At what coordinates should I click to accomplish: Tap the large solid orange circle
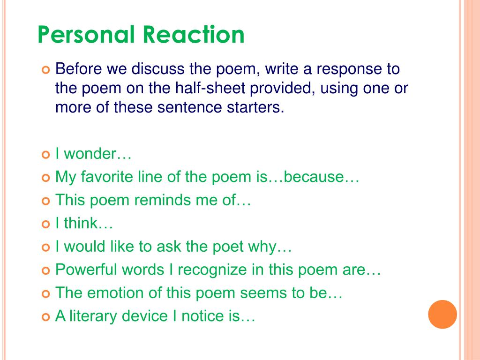point(442,314)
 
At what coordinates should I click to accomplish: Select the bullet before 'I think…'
point(45,225)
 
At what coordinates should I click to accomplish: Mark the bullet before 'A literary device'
point(45,317)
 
